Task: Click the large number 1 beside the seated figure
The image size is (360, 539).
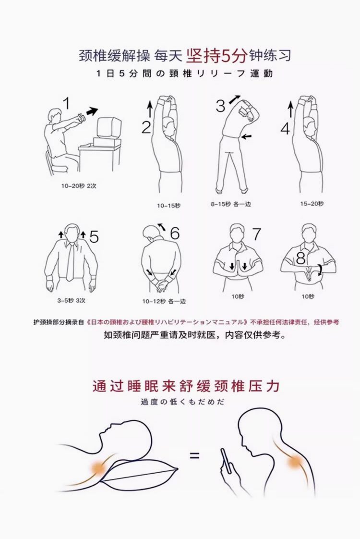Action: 67,103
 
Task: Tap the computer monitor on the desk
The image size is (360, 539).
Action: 109,128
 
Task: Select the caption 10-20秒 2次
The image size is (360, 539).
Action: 79,186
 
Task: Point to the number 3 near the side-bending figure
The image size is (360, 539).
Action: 220,106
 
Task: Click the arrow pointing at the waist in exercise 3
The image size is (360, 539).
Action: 246,137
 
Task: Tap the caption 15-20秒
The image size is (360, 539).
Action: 312,204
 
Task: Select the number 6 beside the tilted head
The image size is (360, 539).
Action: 175,233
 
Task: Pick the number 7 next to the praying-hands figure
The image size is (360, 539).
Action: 257,234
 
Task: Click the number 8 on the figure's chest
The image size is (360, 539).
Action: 301,258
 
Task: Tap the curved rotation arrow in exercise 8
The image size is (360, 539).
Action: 320,269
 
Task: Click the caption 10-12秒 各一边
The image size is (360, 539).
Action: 164,302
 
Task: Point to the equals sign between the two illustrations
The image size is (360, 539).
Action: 194,456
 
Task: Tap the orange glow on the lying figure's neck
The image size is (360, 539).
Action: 99,467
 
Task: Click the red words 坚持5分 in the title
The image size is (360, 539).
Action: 217,56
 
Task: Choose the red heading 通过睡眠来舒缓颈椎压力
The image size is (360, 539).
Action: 186,386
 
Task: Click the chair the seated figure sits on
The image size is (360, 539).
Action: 55,161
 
